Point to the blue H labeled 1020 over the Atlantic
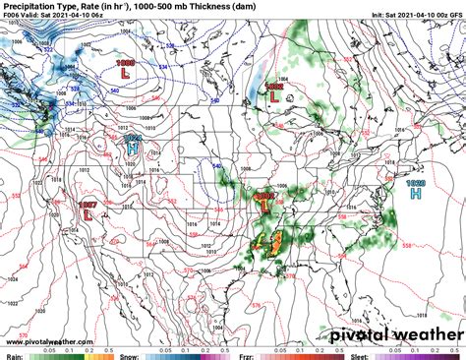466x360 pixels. coord(416,193)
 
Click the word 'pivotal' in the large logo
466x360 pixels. coord(332,333)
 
